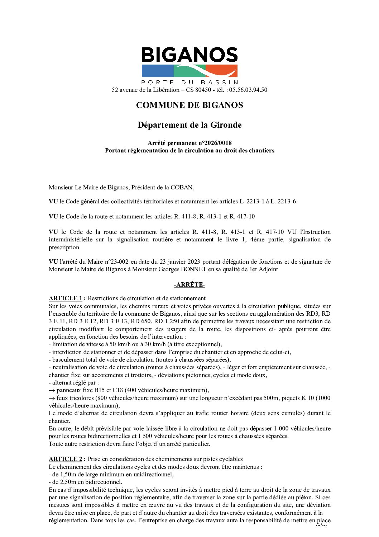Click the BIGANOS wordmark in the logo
click(x=189, y=55)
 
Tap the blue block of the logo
click(x=158, y=71)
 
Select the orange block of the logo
click(x=222, y=71)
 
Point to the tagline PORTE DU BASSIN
click(x=189, y=83)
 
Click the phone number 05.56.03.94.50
click(x=248, y=90)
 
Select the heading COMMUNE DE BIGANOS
click(x=189, y=105)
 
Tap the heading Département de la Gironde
click(x=189, y=125)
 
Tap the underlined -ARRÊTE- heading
click(x=189, y=285)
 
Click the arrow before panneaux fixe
click(x=52, y=390)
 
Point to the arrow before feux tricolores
click(x=52, y=398)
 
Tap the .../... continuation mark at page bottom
click(x=321, y=525)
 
